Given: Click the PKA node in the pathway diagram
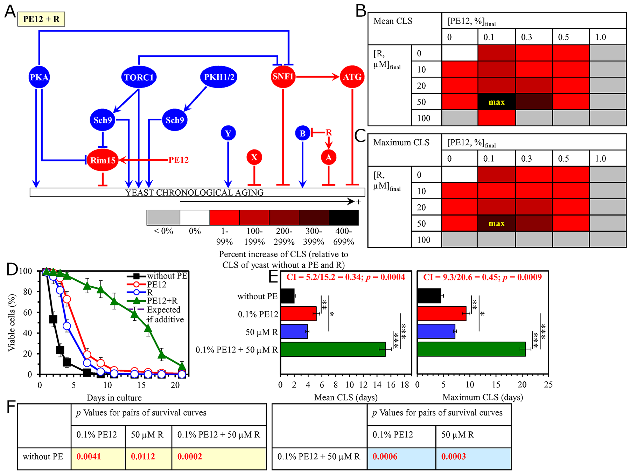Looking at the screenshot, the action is (x=39, y=77).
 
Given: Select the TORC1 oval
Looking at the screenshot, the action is (x=139, y=77).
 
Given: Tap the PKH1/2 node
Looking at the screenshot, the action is (x=219, y=77).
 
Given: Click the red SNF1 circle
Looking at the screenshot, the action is (x=283, y=77).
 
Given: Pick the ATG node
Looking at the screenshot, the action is (x=352, y=77).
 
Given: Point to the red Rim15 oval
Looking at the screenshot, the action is (x=103, y=160).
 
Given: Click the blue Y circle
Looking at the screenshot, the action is (x=228, y=133).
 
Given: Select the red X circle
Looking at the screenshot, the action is (x=254, y=157).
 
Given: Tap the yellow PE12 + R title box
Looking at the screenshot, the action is (x=41, y=19).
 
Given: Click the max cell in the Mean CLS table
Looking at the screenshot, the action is (x=497, y=102).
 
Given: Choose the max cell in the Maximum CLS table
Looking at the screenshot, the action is (x=497, y=223).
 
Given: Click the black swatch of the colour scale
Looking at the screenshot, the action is (x=344, y=218).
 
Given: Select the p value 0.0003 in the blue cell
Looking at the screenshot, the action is (x=454, y=456).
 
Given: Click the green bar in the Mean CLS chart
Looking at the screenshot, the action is (x=332, y=349).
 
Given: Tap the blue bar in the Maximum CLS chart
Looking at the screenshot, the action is (x=436, y=331).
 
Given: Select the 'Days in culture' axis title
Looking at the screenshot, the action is (x=114, y=398).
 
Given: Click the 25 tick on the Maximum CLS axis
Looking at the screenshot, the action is (x=548, y=385).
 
